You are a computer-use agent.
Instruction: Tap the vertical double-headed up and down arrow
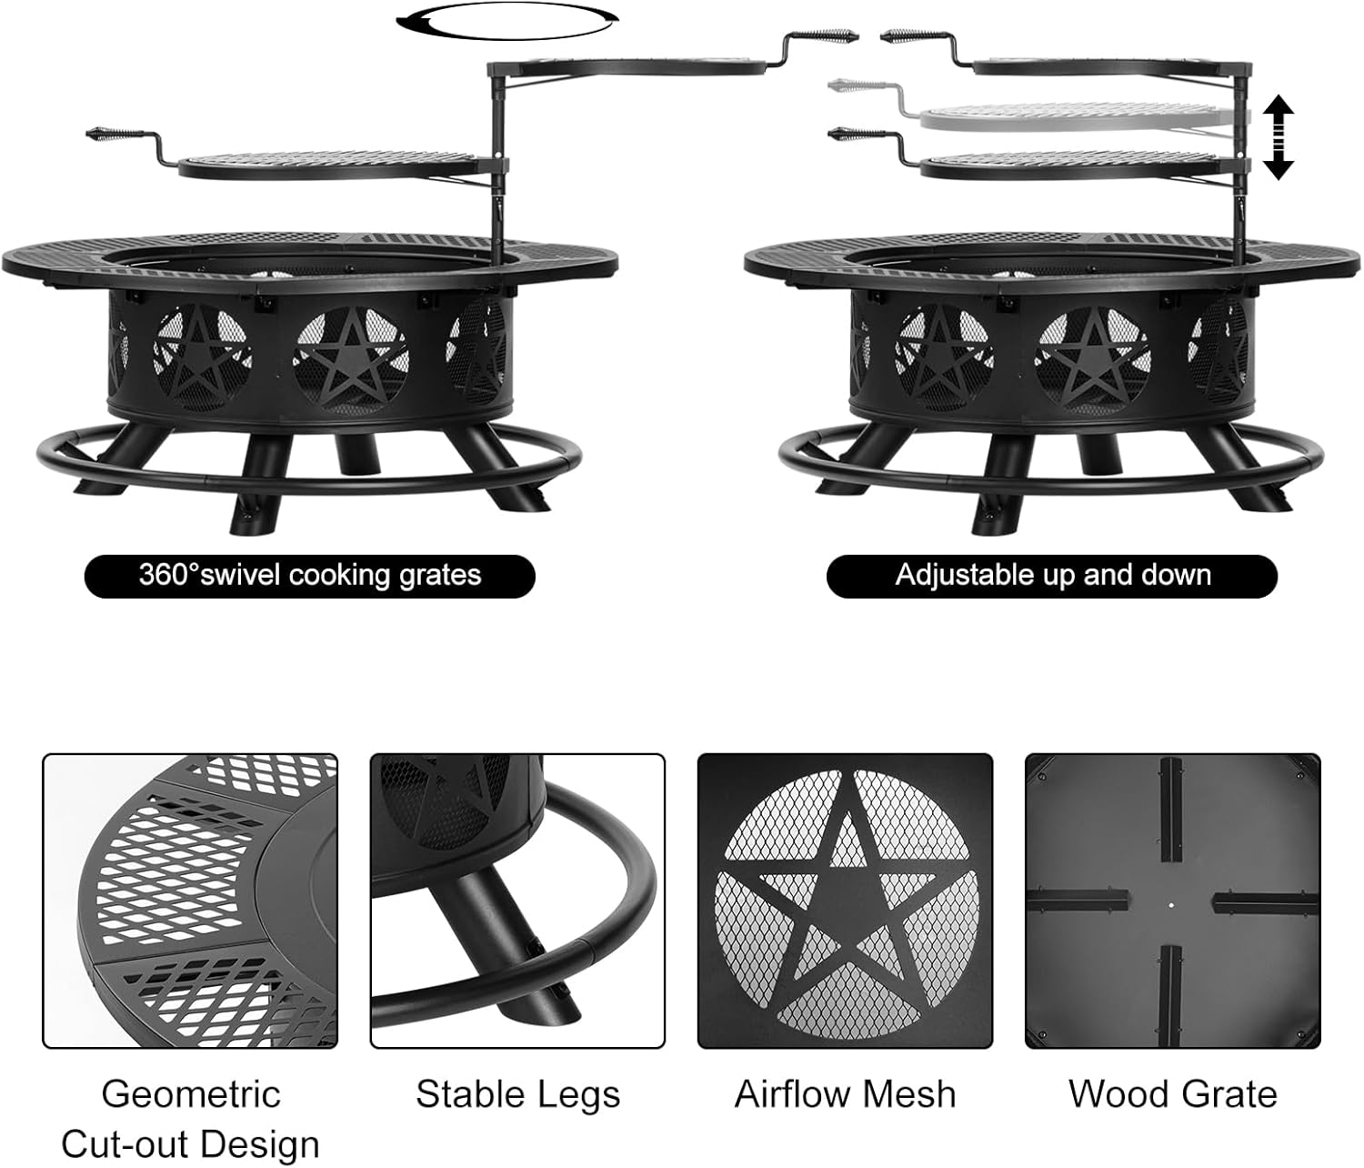1279,137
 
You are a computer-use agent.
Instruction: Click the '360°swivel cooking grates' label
309,576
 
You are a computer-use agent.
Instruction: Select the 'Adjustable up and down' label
1052,576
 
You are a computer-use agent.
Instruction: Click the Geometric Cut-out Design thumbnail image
190,901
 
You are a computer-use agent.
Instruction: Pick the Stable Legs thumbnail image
517,901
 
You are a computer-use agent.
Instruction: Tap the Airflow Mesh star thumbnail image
845,901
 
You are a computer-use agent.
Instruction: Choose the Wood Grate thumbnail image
1173,901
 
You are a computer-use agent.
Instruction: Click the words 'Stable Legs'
518,1095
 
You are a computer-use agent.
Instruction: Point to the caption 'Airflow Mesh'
846,1094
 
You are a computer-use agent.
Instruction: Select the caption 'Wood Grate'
1173,1094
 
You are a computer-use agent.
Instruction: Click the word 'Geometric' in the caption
191,1094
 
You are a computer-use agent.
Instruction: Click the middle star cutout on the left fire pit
350,359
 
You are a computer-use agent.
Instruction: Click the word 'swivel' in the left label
241,575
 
